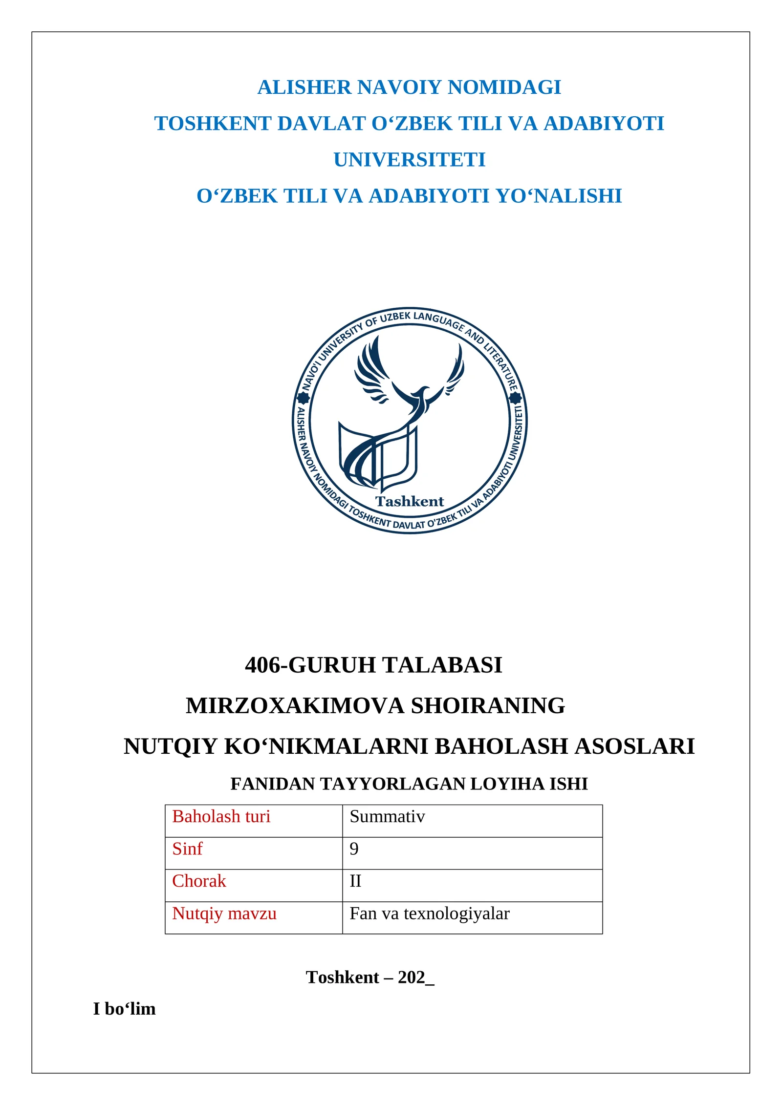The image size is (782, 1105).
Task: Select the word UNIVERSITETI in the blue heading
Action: point(409,160)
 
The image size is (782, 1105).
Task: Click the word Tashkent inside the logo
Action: point(409,501)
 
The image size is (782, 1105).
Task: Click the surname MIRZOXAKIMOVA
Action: point(295,705)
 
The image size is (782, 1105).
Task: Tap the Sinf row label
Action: point(187,849)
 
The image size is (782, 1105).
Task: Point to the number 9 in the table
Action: point(354,849)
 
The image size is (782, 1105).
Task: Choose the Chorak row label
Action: point(199,881)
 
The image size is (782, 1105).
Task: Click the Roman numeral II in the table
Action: point(355,881)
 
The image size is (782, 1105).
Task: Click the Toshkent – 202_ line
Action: point(370,977)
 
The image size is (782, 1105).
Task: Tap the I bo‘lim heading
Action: point(125,1009)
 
